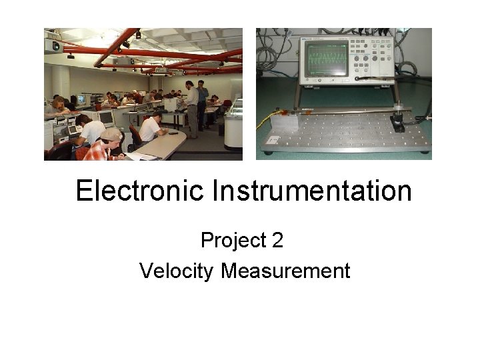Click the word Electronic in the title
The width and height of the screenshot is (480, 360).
(141, 191)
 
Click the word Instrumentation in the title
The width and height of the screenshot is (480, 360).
(312, 191)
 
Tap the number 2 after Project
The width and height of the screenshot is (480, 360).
(277, 240)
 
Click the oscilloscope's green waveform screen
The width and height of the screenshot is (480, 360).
(327, 61)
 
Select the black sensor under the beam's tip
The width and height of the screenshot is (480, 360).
(399, 124)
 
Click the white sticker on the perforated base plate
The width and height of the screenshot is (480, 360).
(274, 141)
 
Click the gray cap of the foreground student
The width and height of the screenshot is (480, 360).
(110, 134)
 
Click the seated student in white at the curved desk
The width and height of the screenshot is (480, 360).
(150, 128)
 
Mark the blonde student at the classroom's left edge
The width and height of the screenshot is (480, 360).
(59, 104)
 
